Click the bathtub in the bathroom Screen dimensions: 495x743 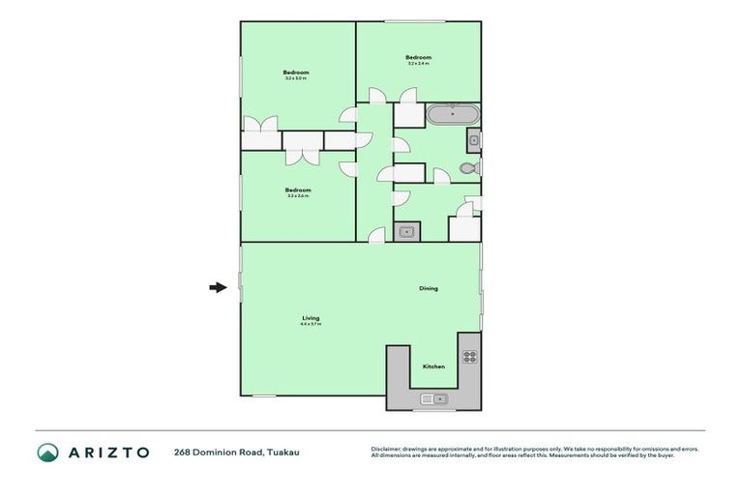(x=453, y=114)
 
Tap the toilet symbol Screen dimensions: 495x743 (x=469, y=168)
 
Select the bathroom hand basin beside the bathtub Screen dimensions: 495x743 (x=474, y=141)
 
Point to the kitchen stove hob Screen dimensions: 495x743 (x=469, y=356)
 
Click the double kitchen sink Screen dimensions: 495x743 (x=432, y=397)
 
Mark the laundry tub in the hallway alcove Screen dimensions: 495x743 (x=407, y=231)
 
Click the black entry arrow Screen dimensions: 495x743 (x=219, y=286)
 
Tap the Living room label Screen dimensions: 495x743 (x=311, y=318)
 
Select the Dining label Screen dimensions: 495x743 (x=429, y=288)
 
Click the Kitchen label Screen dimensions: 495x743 (x=433, y=367)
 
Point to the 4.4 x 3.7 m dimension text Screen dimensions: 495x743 (x=311, y=325)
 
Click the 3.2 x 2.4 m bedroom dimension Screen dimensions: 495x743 (x=418, y=65)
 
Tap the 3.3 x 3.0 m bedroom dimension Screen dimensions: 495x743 (x=296, y=79)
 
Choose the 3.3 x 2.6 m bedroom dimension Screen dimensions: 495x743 (x=297, y=196)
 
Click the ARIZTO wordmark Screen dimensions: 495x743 (x=107, y=451)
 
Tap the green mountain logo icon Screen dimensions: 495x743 (x=47, y=451)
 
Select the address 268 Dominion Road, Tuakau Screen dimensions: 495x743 (x=229, y=451)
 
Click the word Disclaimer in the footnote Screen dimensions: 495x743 (x=386, y=449)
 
